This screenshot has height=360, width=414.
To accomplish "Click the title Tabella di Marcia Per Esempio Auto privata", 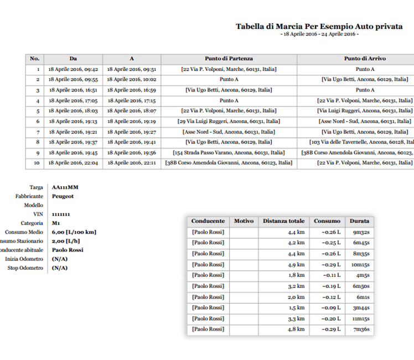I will [x=319, y=26].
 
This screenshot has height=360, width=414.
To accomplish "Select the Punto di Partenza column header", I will [x=229, y=59].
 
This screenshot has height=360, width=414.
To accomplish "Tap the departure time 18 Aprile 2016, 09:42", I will [x=73, y=69].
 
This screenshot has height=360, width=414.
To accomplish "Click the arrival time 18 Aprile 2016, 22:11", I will [x=132, y=163].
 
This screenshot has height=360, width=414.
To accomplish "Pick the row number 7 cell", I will [x=35, y=132].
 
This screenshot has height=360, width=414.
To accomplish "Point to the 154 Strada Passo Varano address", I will [x=229, y=152].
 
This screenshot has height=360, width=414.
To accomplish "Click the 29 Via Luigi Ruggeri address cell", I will [x=229, y=121].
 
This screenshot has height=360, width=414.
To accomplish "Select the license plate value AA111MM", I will [x=65, y=188].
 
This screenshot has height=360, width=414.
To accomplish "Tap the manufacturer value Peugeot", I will [x=63, y=196].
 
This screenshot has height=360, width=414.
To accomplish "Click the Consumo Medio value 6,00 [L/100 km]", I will [x=74, y=232].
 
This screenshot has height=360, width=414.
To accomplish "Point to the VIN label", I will [x=38, y=214].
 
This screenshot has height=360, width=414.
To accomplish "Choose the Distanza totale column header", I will [x=283, y=221].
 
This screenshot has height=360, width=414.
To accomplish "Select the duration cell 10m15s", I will [x=360, y=264].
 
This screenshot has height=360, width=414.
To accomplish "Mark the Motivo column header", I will [x=244, y=221].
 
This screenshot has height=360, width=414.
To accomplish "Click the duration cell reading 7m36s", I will [x=360, y=329].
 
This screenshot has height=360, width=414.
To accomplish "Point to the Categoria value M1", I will [x=56, y=223].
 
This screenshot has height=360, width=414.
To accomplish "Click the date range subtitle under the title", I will [x=319, y=34].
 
